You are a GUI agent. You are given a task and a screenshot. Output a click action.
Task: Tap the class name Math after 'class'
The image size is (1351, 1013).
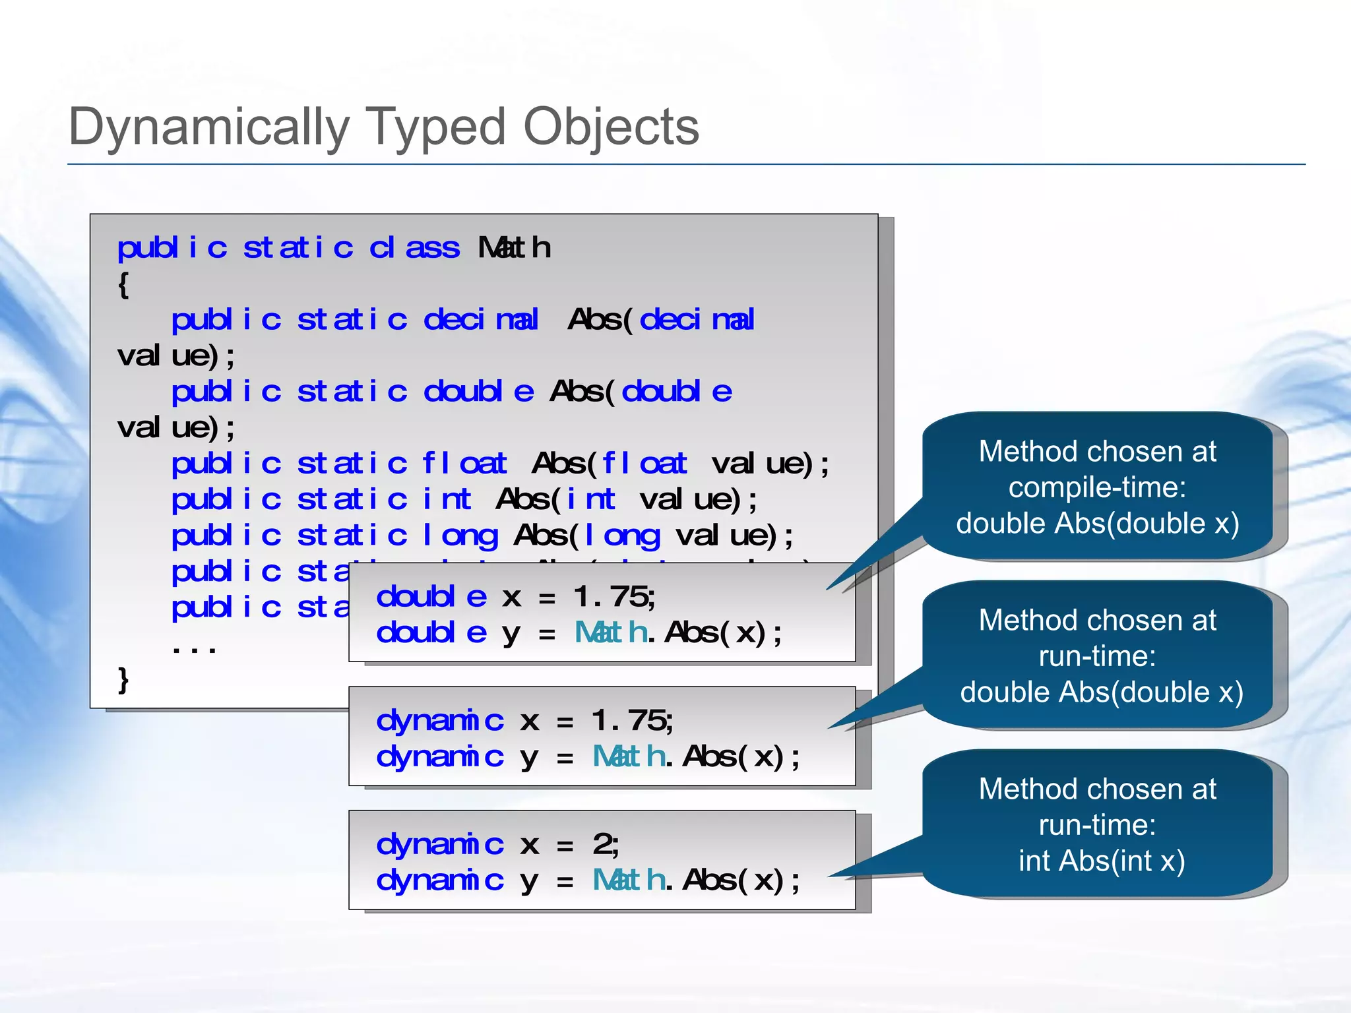point(514,248)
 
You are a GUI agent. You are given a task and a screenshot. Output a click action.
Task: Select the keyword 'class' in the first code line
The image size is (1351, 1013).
point(414,248)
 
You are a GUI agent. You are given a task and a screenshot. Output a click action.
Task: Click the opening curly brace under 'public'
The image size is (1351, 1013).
point(123,285)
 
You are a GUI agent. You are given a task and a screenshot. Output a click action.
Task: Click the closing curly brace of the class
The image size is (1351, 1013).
point(123,679)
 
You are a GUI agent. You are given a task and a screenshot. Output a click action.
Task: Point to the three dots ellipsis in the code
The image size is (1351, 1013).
point(193,650)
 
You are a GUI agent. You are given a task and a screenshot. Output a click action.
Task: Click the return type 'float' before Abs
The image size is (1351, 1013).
point(464,463)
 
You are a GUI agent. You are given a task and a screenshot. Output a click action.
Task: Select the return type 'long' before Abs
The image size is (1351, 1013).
point(460,536)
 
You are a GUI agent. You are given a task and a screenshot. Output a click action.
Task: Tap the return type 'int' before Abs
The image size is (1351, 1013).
point(447,499)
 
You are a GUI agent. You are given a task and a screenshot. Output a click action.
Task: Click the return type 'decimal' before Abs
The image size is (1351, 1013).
point(481,320)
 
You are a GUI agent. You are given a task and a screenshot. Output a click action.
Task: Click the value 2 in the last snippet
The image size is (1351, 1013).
point(604,844)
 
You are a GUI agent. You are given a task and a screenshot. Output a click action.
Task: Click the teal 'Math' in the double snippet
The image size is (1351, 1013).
point(611,633)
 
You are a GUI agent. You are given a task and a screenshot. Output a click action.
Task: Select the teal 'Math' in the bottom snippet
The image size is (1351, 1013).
point(629,880)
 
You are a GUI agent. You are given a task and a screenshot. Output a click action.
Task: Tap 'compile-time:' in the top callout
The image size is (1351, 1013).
point(1097,488)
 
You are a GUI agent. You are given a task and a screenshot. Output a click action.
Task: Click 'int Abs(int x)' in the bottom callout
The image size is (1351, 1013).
point(1101,861)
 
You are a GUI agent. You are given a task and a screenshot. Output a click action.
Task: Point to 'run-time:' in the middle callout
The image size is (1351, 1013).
point(1097,656)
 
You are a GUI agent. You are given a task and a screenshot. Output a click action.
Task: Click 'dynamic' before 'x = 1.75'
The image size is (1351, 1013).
point(440,720)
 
